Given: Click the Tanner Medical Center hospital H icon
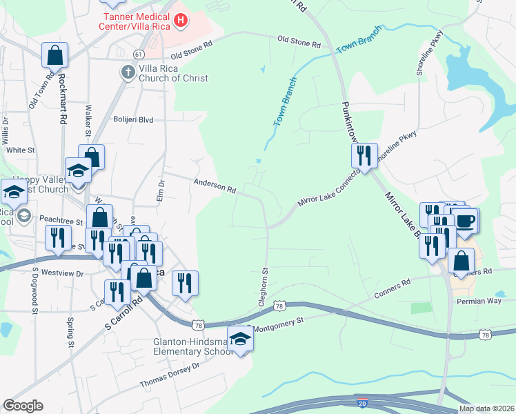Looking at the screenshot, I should coord(181,21).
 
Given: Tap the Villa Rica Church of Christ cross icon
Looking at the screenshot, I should coord(128,72).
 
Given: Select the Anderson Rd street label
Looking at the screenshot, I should coord(215,186).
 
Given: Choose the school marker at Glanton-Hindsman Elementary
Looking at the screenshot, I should coord(240,340).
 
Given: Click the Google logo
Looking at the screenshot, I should coord(23,406).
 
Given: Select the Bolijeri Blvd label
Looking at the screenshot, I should coord(133,119).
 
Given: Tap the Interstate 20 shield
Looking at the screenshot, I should coord(363,402).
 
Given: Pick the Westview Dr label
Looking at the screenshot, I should coord(62,273).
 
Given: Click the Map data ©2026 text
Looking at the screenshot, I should coord(486,408).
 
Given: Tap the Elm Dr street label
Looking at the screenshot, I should coord(161,190).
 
